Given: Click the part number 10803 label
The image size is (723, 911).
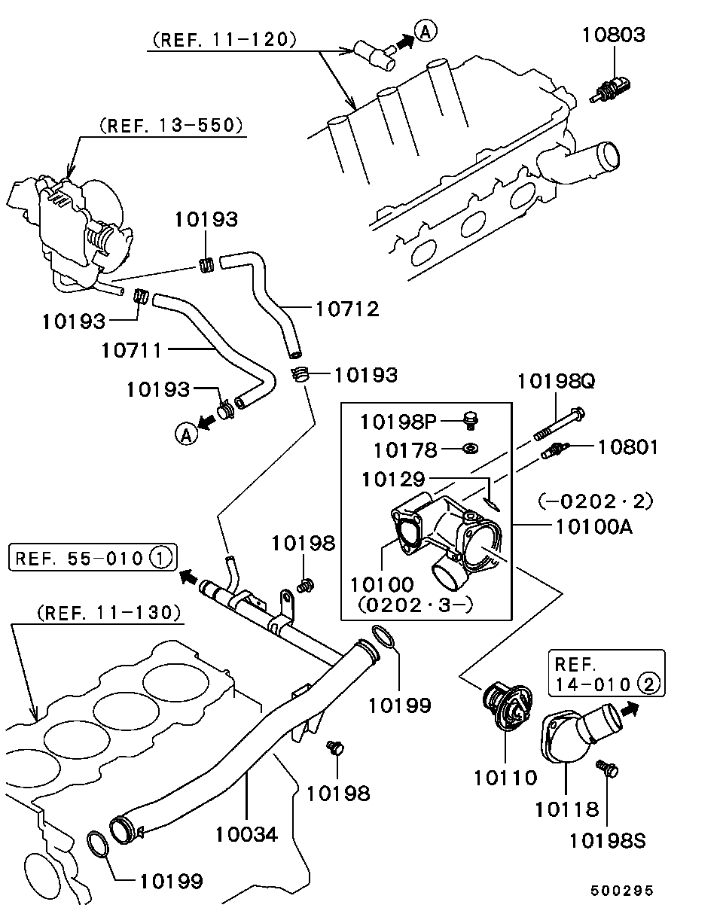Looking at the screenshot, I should coord(614,35).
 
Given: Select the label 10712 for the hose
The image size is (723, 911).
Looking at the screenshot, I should coord(347,308).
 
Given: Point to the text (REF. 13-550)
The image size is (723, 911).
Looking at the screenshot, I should coord(170,124).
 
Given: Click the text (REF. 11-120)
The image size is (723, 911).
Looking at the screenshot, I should coord(224,39).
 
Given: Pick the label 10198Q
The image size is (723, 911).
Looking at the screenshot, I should coord(556,381).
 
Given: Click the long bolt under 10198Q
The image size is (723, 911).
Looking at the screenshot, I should coord(560,424).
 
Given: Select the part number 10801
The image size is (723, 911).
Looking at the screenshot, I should coord(628,447).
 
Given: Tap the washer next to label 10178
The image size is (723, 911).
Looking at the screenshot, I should coord(469,449).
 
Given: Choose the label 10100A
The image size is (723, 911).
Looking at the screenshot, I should coord(594,526).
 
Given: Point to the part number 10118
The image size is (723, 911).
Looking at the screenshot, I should coord(567,809).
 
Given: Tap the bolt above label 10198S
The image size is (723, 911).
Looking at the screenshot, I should coord(606,769).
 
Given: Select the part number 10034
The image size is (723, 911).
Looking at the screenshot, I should coord(246,833).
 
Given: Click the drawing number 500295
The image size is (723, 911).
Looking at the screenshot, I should coord(621,890).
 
